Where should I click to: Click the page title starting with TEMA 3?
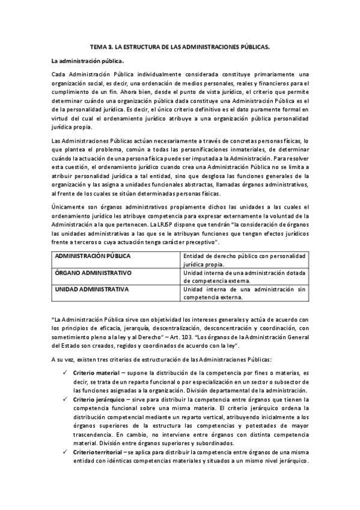pyautogui.click(x=180, y=46)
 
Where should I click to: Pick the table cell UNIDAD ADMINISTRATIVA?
pyautogui.click(x=92, y=289)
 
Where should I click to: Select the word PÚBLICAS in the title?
pyautogui.click(x=255, y=46)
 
